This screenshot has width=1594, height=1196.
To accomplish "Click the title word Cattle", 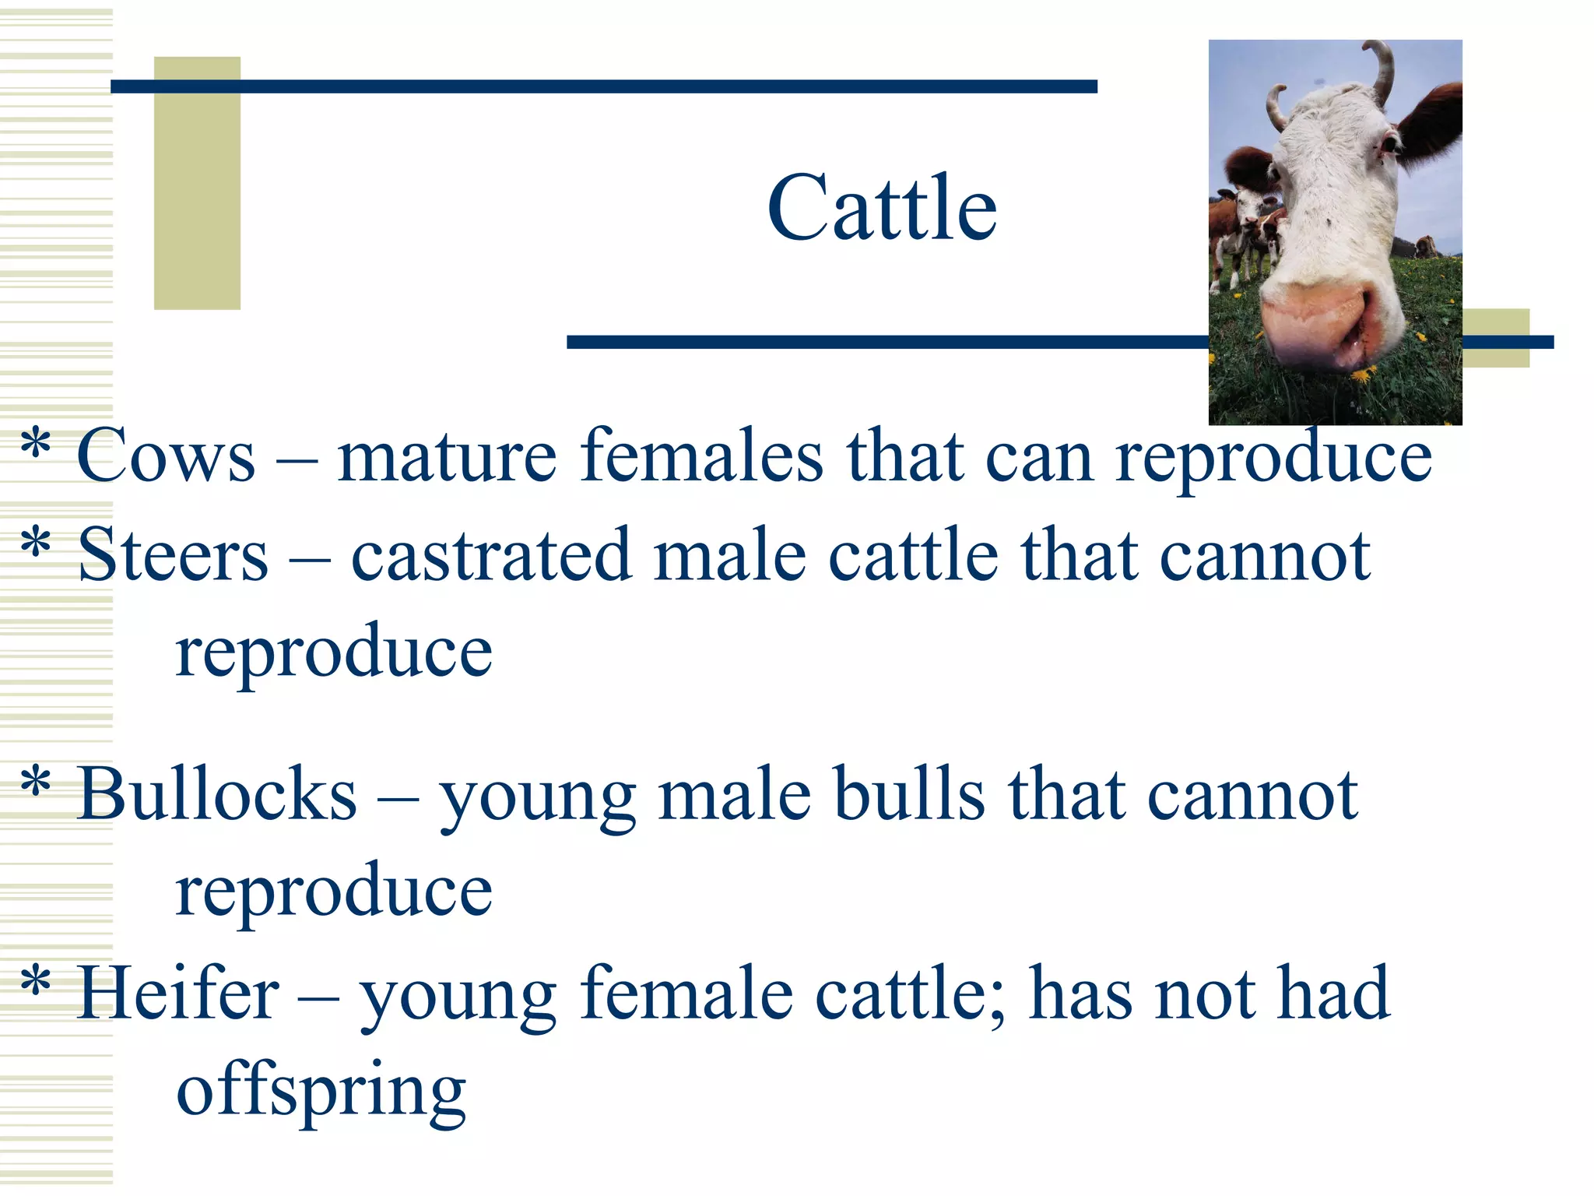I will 882,208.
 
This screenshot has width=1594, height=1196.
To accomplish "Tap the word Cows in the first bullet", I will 166,457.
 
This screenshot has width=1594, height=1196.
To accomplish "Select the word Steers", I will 173,555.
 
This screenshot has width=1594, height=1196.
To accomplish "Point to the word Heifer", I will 178,994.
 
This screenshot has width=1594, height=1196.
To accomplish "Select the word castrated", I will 490,555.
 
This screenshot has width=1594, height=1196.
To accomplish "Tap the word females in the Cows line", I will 701,457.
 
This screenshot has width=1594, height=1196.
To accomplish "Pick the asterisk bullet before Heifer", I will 36,983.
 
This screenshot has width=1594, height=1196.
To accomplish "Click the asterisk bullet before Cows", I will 36,445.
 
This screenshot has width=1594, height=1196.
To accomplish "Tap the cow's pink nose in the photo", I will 1315,323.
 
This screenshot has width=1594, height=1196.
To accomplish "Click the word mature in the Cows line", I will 447,457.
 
